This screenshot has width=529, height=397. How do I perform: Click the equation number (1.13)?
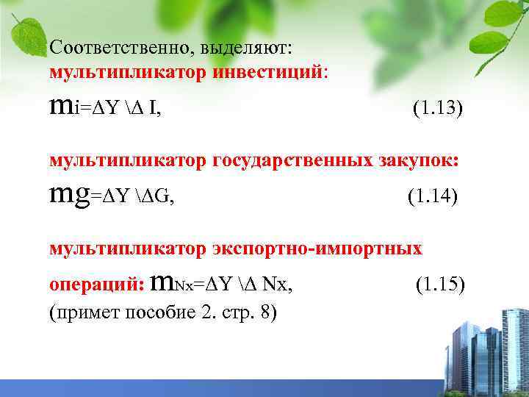click(438, 110)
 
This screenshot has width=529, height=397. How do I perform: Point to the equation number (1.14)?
click(431, 197)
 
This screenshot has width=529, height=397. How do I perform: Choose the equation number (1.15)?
click(440, 283)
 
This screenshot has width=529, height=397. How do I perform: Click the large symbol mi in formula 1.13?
click(63, 108)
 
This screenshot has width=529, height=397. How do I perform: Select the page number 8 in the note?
click(263, 313)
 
